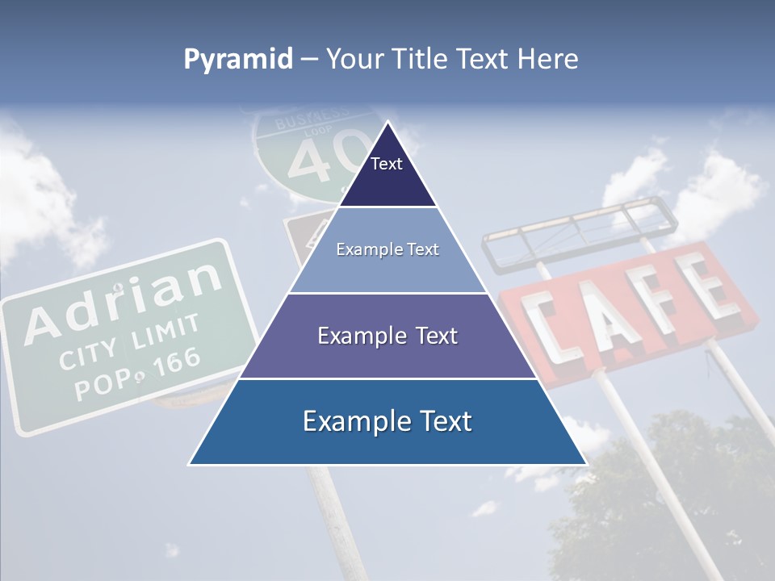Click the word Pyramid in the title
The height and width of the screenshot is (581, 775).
click(238, 60)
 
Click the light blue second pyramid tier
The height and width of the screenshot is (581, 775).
click(387, 250)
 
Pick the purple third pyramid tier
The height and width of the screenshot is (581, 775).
click(387, 336)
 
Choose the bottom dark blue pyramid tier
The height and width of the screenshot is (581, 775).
click(387, 421)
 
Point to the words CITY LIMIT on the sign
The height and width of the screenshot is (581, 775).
click(129, 343)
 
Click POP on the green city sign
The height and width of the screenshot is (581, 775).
click(98, 385)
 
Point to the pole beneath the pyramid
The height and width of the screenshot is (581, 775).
click(331, 516)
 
